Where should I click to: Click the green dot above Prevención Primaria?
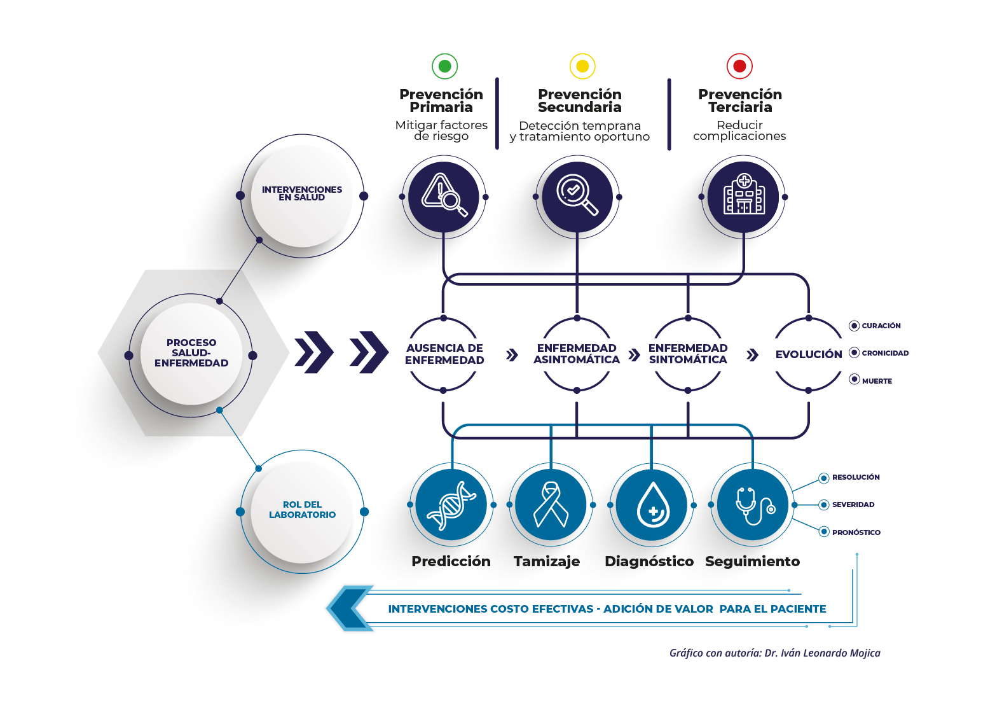pos(444,66)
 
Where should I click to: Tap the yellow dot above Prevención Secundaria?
pos(582,66)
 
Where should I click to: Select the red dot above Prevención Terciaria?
pos(739,66)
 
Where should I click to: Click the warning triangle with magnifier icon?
pos(444,197)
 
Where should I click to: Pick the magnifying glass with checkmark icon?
pos(577,197)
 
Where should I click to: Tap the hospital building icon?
pos(743,197)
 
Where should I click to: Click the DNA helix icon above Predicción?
pos(451,505)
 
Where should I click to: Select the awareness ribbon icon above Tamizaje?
pos(551,505)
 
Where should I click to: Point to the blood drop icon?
pos(652,505)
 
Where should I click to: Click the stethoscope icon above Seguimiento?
pos(753,505)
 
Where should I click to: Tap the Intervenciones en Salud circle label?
pos(302,193)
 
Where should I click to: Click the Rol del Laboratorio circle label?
pos(302,510)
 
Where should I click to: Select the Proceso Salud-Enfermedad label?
pos(191,353)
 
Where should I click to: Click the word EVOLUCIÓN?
pos(809,354)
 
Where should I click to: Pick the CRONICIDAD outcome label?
pos(885,353)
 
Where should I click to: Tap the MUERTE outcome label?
pos(877,381)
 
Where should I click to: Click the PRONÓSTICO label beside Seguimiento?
pos(856,532)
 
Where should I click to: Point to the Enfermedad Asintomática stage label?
pos(577,354)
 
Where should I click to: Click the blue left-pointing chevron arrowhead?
pos(350,608)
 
